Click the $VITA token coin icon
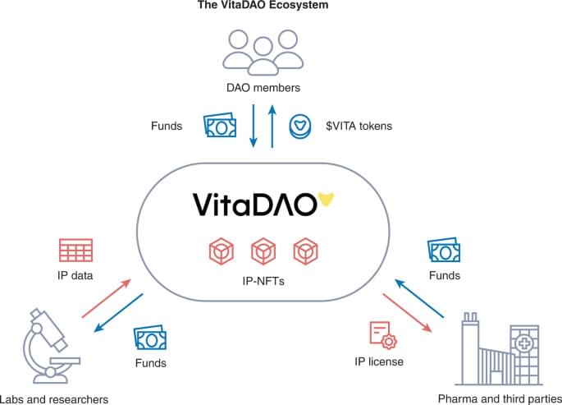[301, 127]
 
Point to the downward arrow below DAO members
[254, 127]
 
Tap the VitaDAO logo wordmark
[254, 204]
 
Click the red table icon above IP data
[75, 251]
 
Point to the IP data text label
[75, 276]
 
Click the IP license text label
[378, 361]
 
